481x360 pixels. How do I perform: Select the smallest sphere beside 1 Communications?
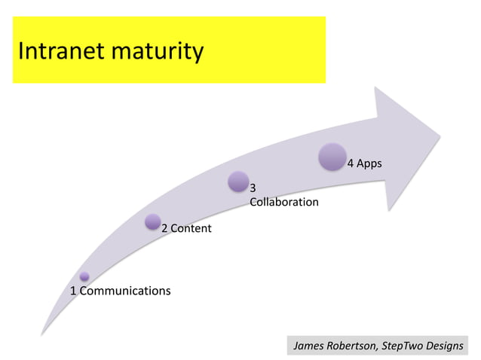84,276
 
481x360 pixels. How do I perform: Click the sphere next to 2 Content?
152,221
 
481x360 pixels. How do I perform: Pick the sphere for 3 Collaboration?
238,182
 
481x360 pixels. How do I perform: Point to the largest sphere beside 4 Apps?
332,157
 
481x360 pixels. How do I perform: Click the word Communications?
125,291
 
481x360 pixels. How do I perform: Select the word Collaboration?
283,202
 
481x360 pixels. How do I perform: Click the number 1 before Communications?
73,291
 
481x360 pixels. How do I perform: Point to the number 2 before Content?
164,228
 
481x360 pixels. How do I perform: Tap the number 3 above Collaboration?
253,188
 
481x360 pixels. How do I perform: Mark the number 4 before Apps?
350,163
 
